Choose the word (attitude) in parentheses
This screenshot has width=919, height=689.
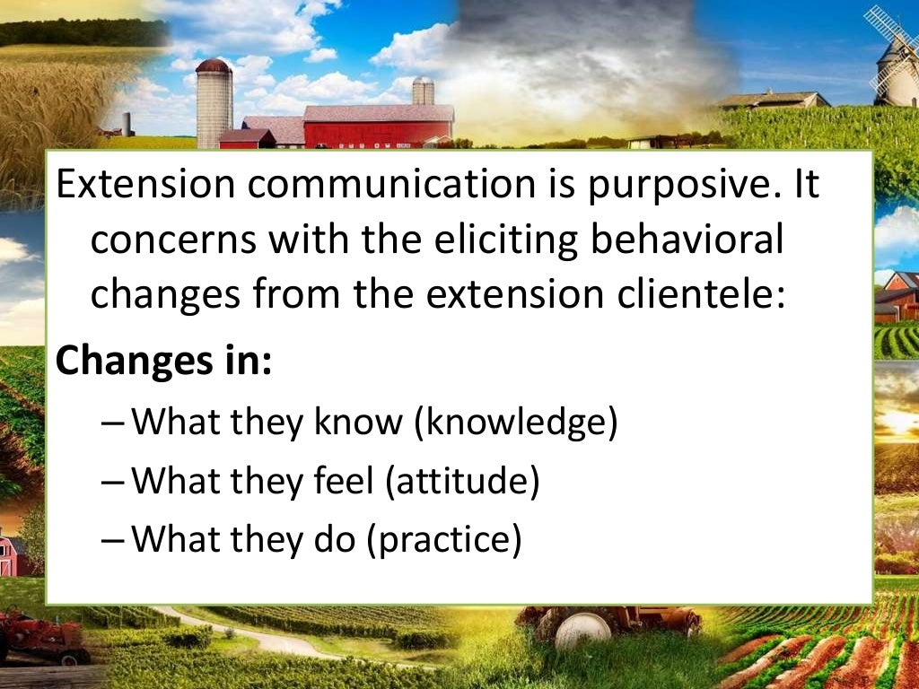(x=462, y=482)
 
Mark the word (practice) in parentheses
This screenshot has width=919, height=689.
(x=443, y=541)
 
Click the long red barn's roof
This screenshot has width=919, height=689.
(x=378, y=113)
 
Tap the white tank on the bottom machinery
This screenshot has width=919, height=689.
(x=582, y=631)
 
